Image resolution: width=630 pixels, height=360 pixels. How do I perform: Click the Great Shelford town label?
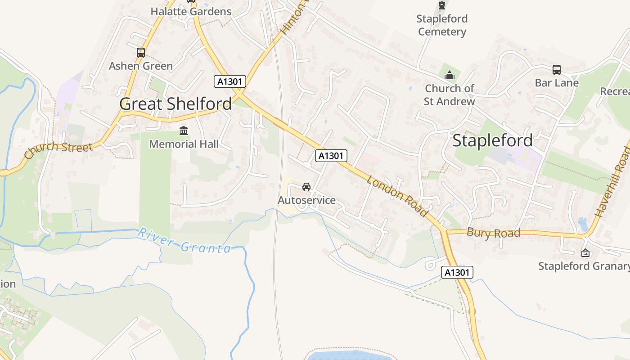(175, 104)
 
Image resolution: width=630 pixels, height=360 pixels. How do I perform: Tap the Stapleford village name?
(492, 140)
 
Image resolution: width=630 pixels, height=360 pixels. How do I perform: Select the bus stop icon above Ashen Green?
(141, 53)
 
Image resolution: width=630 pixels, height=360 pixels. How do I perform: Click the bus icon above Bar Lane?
(557, 70)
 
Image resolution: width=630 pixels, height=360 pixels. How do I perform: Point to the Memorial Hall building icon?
(184, 131)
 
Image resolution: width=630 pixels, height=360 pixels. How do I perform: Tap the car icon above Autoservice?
(306, 187)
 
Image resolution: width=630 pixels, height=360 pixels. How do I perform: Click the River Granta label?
(184, 241)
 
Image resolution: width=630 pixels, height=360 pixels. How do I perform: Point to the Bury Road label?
(493, 233)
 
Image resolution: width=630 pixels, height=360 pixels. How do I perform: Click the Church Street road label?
(58, 150)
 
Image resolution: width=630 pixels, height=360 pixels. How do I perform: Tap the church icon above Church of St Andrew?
(449, 75)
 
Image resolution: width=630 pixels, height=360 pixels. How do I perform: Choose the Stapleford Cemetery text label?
(442, 25)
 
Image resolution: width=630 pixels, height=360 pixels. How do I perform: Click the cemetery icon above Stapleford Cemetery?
(442, 6)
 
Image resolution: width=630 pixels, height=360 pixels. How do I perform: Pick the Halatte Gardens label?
(191, 12)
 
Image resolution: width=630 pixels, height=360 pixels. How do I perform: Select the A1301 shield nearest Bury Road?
(457, 272)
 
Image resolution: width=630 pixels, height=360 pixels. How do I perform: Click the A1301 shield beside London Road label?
(331, 156)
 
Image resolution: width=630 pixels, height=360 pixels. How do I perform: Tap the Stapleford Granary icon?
(585, 253)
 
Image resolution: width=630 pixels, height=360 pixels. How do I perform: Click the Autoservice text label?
(306, 200)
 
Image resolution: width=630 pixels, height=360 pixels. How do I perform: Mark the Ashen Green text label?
(140, 66)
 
